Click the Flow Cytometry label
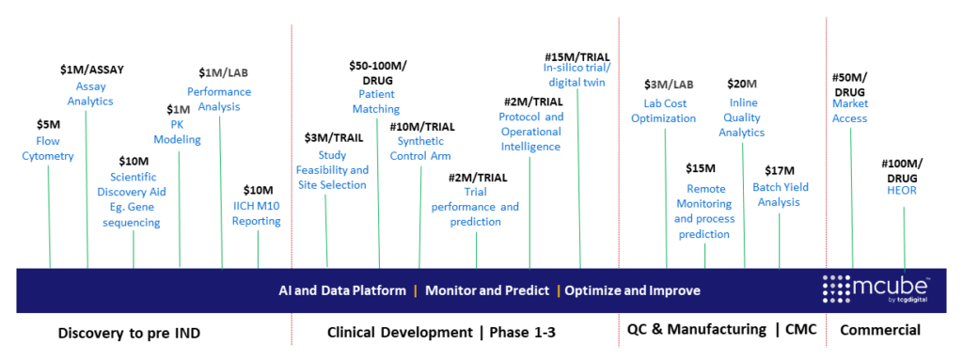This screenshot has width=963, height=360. (48, 149)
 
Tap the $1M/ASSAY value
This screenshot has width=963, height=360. (92, 70)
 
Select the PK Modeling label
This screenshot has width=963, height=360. (178, 133)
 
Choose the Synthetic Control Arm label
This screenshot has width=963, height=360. (420, 149)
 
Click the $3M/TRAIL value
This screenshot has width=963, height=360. (334, 137)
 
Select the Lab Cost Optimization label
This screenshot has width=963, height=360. (664, 111)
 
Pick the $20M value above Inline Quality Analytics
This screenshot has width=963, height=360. (742, 84)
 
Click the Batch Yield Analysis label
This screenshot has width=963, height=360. (781, 195)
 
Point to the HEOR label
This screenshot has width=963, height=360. (902, 191)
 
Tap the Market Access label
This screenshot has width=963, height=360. (850, 111)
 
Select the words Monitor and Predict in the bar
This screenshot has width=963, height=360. (487, 290)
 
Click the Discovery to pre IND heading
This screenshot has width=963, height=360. (129, 333)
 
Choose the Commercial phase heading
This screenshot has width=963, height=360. (880, 331)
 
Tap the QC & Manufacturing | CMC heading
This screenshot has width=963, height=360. (721, 330)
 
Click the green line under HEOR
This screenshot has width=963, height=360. (904, 239)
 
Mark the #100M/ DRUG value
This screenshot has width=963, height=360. (902, 170)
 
